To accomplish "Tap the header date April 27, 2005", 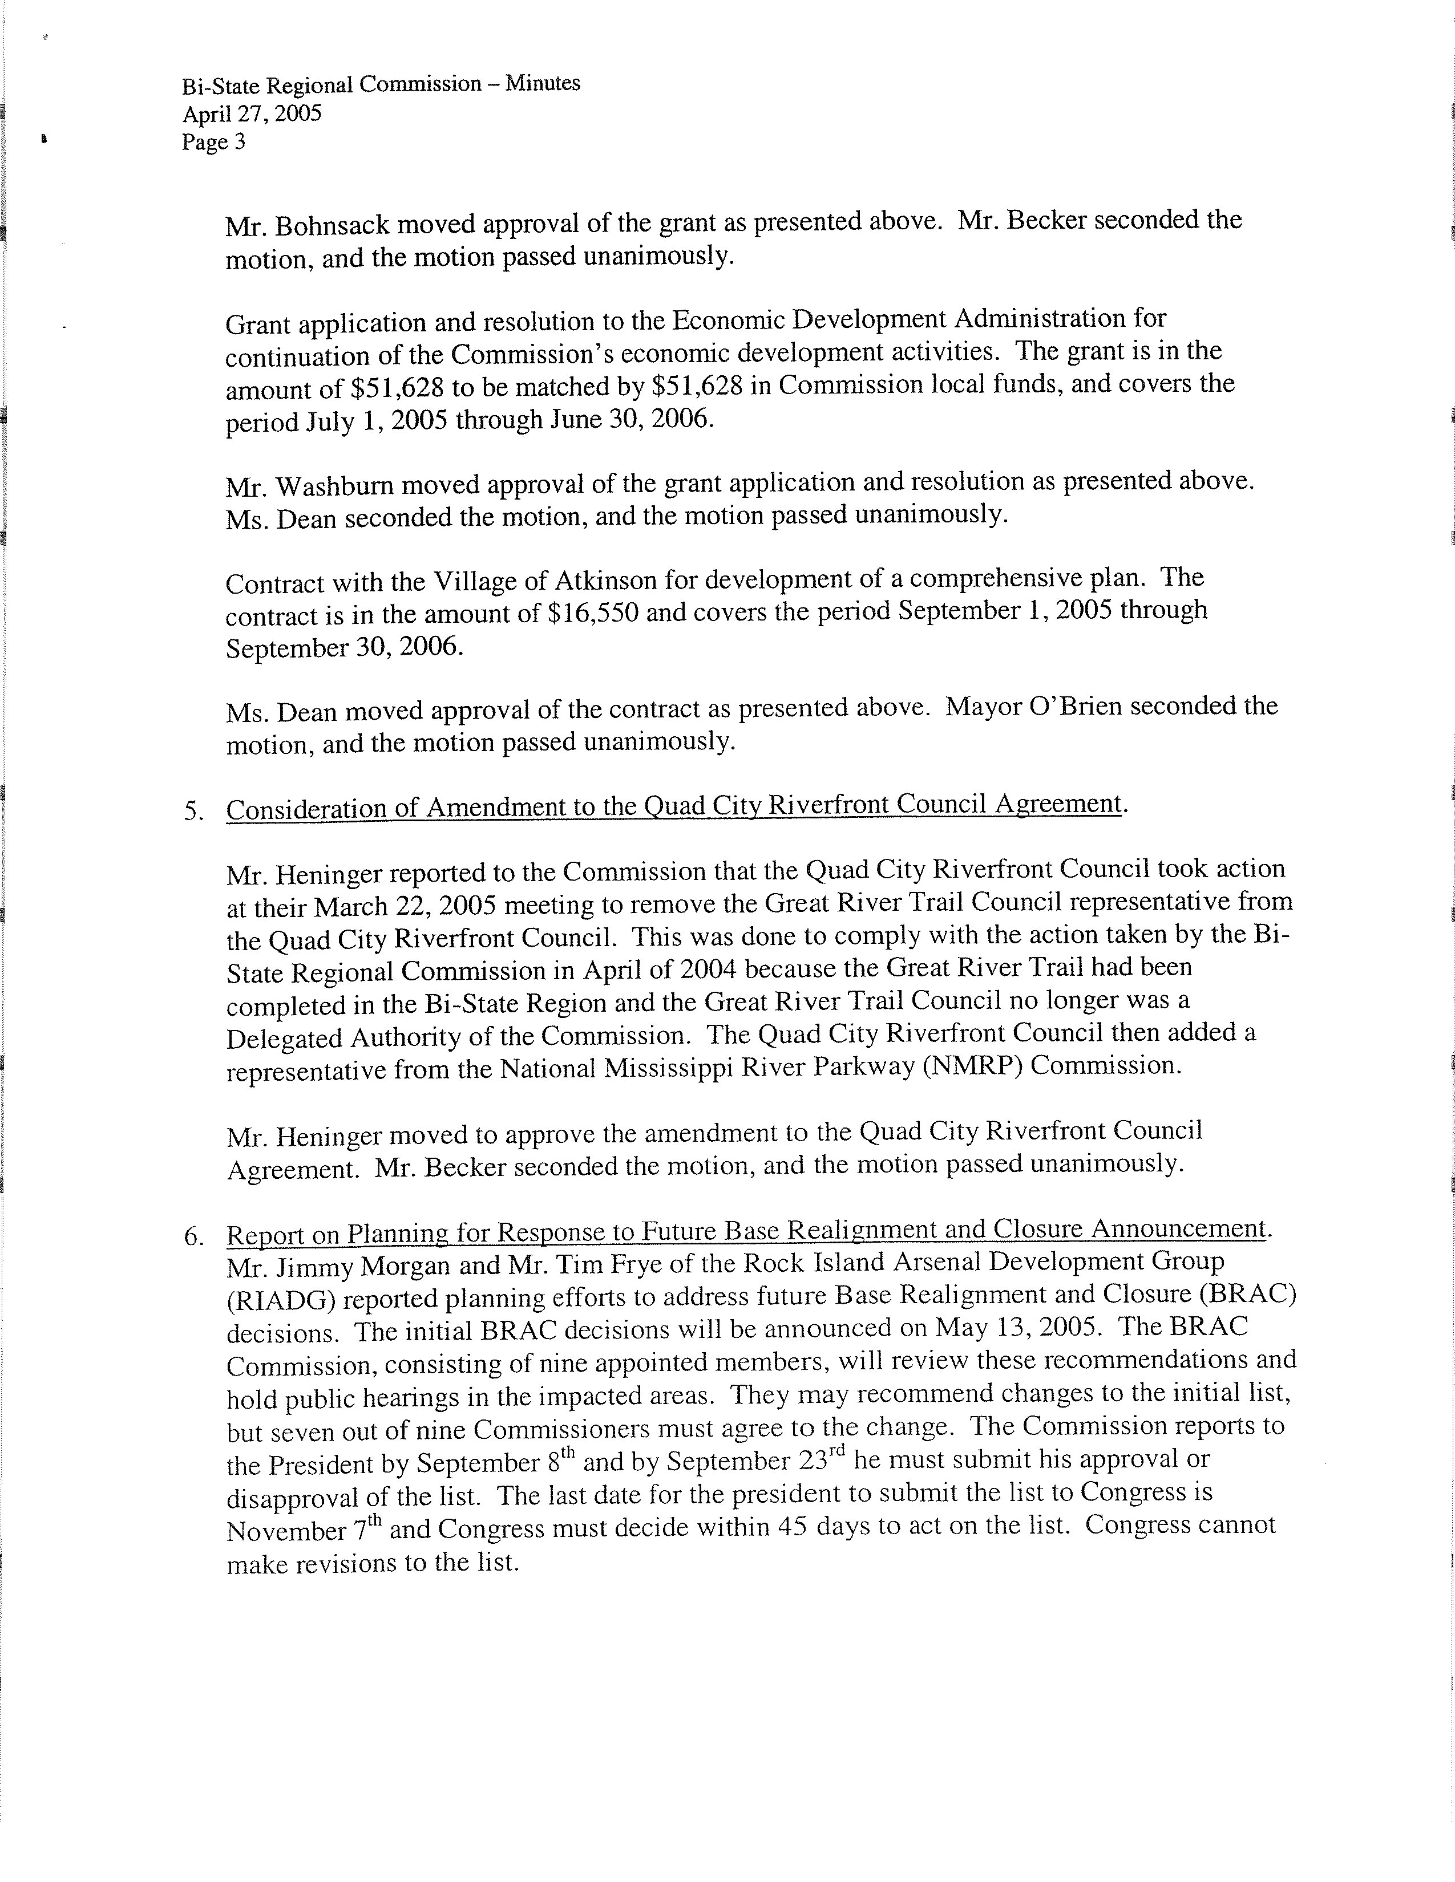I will [252, 113].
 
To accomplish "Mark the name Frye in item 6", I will [640, 1263].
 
